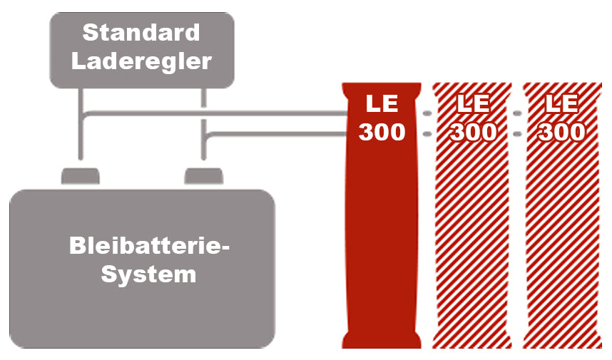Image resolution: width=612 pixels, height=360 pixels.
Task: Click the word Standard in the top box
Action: (141, 33)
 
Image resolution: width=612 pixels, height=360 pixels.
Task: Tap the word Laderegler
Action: (141, 61)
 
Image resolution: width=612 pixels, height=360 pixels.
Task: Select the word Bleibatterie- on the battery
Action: (151, 247)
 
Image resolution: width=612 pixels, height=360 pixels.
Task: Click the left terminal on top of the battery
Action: (81, 175)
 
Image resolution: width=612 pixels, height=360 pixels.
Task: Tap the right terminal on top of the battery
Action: (204, 175)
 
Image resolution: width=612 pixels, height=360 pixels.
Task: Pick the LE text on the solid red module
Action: (382, 104)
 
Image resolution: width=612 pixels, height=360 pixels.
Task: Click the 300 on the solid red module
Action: (382, 133)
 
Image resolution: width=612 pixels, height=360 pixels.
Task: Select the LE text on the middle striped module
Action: (473, 104)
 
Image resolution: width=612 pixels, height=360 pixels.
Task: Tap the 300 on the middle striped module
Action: (473, 133)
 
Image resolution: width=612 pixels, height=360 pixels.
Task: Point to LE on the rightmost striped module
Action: (562, 104)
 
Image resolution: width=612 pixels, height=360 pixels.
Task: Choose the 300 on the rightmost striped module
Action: (562, 133)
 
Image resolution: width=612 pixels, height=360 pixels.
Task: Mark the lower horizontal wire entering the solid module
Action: (285, 133)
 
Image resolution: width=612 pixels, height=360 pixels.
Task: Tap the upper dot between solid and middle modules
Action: (427, 113)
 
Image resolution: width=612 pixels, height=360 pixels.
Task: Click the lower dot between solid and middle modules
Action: (427, 133)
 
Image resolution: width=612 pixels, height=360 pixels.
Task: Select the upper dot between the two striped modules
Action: (517, 113)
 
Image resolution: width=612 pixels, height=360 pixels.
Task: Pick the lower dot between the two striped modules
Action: (517, 133)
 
